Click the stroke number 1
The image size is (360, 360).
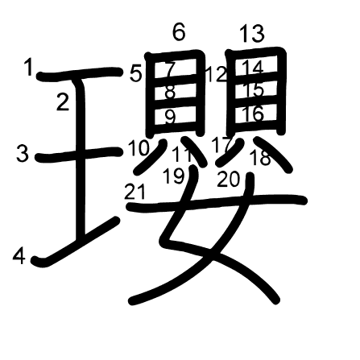29,68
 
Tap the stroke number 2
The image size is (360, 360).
63,101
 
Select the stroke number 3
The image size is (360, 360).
23,153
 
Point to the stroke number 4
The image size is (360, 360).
19,256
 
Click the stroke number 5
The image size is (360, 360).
135,73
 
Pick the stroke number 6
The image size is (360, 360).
179,32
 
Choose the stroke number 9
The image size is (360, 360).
170,118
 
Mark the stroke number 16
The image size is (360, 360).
253,114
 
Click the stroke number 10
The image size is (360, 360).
139,147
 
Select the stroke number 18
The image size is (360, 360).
260,158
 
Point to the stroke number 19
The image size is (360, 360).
174,176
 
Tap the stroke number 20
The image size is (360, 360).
228,179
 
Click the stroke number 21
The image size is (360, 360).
134,192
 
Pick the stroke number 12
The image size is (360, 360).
217,75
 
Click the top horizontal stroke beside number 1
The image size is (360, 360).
80,73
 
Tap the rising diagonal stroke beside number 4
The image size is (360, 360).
76,242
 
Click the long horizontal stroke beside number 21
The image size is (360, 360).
217,203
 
